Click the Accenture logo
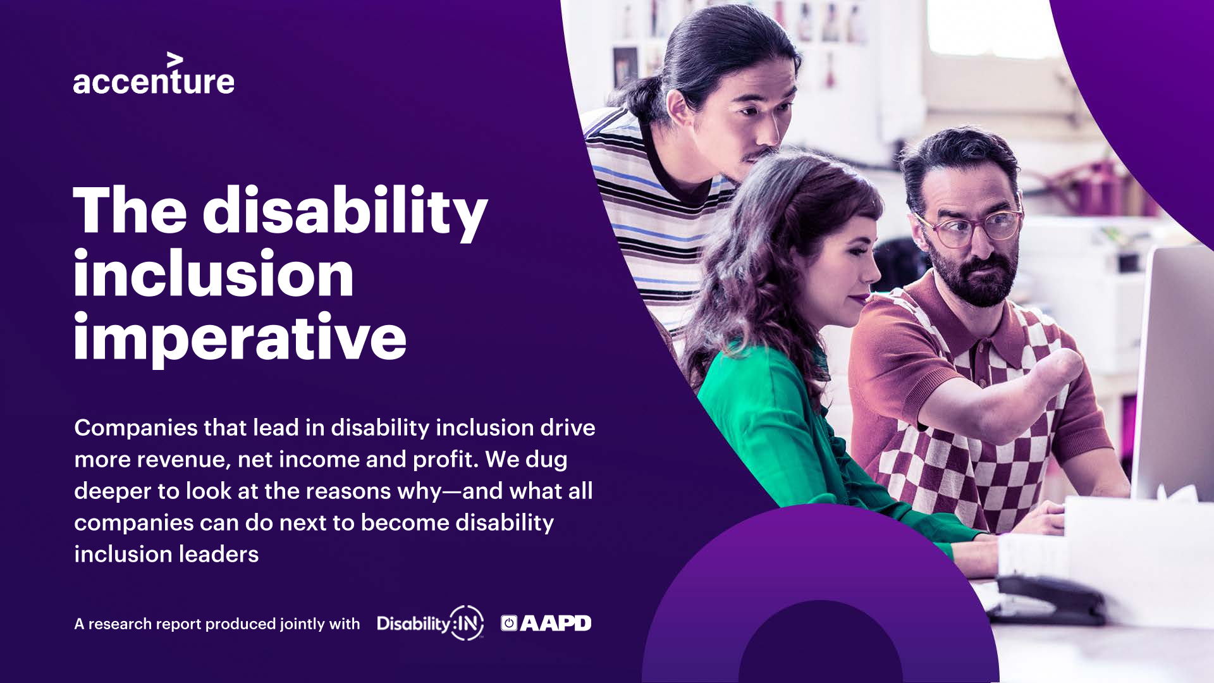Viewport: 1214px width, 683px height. point(154,74)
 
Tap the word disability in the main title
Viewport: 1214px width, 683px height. point(345,212)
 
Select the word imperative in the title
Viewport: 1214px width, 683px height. point(240,338)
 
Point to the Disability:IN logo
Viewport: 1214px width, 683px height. point(431,623)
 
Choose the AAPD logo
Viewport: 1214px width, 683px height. point(546,623)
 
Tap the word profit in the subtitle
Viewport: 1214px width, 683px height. point(445,460)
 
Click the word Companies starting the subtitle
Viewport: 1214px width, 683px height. point(135,428)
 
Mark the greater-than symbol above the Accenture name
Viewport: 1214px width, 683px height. point(175,61)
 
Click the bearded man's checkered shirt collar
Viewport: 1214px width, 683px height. point(948,316)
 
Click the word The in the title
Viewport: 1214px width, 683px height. point(130,210)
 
